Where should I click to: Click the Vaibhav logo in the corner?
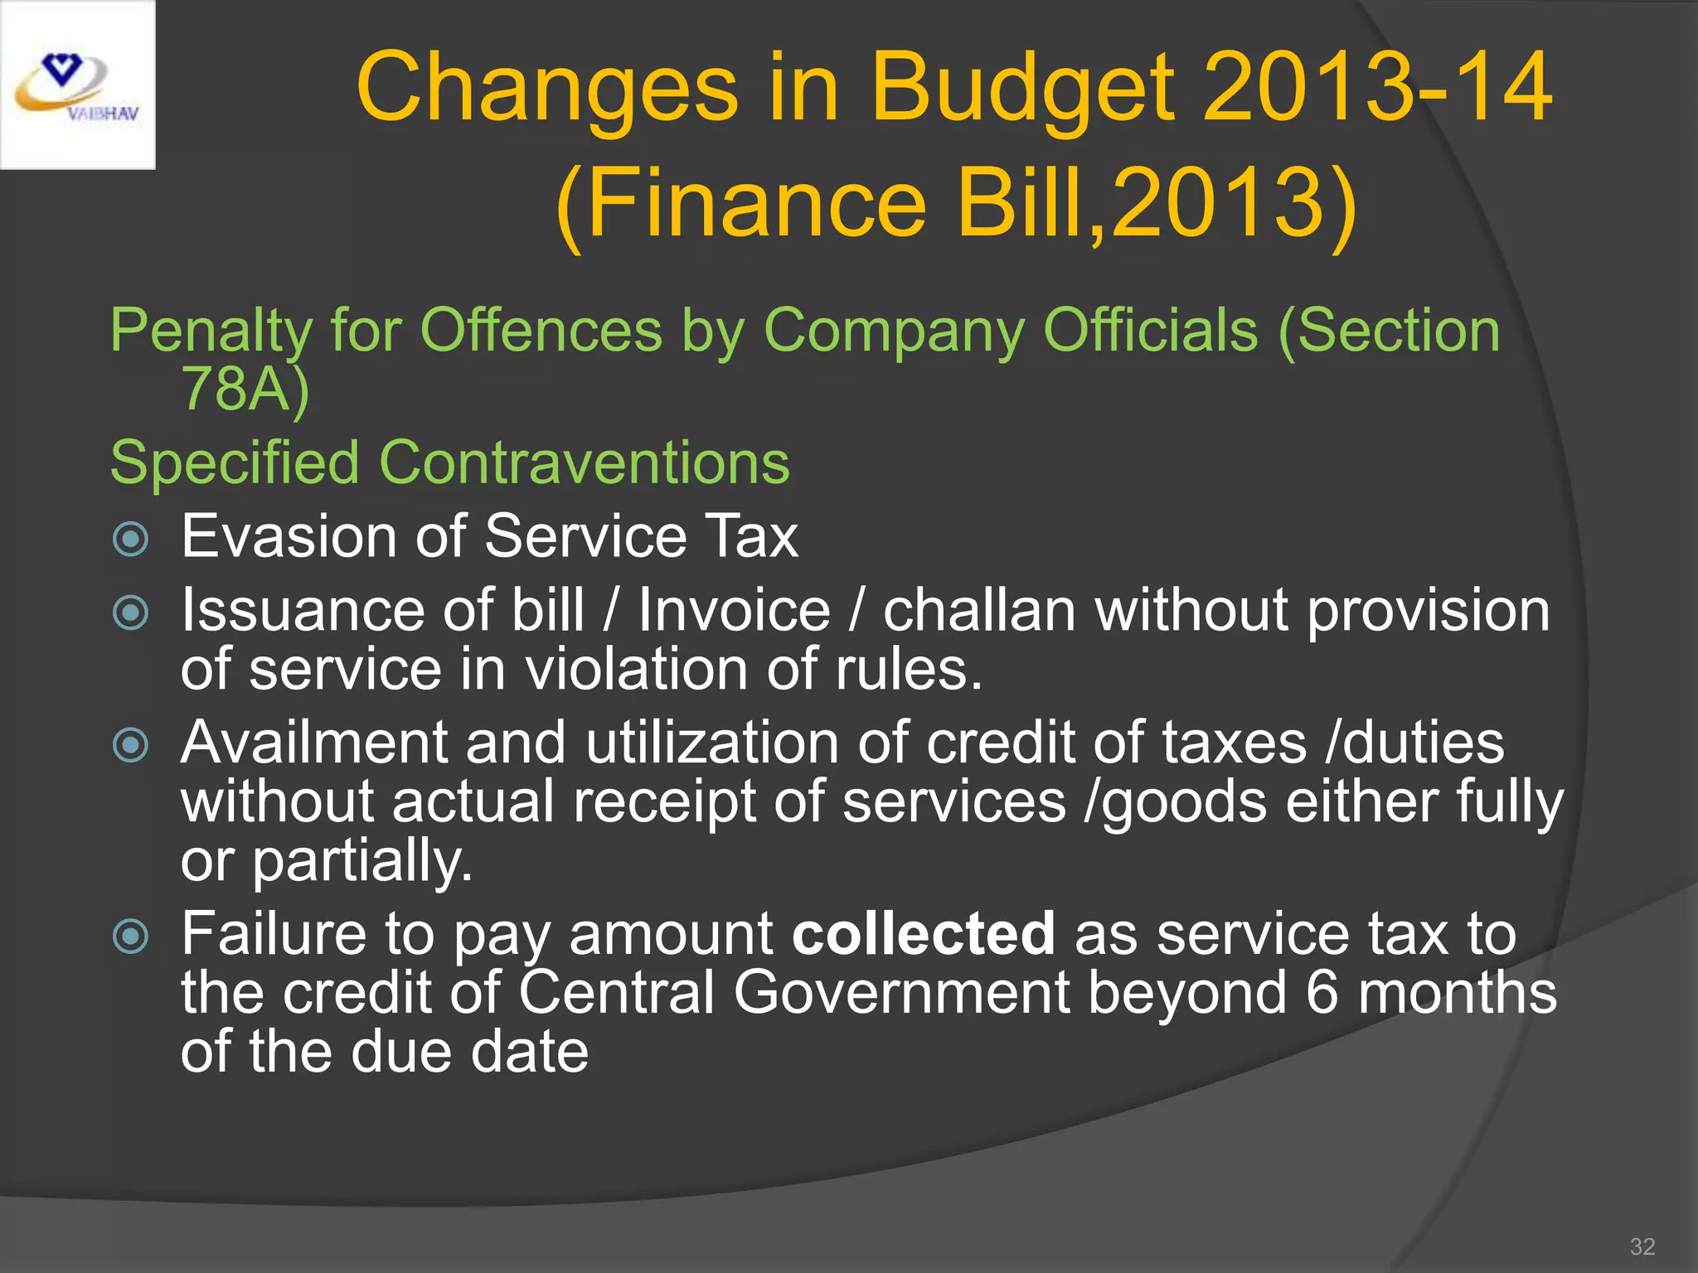tap(77, 85)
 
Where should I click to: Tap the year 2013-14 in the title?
tap(1377, 88)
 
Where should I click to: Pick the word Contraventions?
tap(584, 462)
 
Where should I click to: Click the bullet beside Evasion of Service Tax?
tap(130, 540)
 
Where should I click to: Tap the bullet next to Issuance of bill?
tap(130, 613)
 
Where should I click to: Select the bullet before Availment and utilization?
tap(130, 745)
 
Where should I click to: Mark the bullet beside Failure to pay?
tap(130, 937)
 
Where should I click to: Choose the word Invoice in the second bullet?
tap(734, 611)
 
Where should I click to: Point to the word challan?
tap(979, 611)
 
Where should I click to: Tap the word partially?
tap(362, 862)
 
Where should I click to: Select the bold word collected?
tap(924, 934)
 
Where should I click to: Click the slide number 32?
tap(1642, 1246)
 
